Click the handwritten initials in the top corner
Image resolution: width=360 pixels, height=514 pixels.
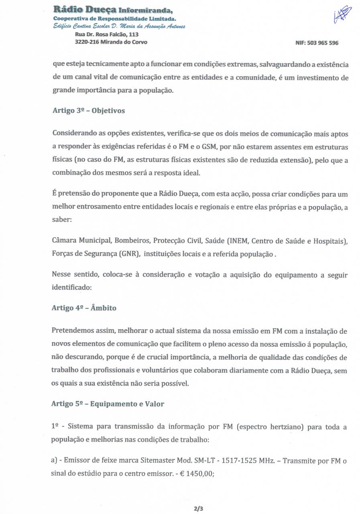[x=342, y=15]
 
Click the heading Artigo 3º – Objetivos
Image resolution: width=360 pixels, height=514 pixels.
[x=88, y=111]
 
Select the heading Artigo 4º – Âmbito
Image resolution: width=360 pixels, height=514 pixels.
[x=84, y=308]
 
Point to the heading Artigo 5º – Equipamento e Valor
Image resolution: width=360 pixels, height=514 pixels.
[x=108, y=404]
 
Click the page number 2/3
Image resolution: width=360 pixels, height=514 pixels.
[x=198, y=508]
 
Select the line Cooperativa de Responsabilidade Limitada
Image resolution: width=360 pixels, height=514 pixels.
[x=114, y=18]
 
